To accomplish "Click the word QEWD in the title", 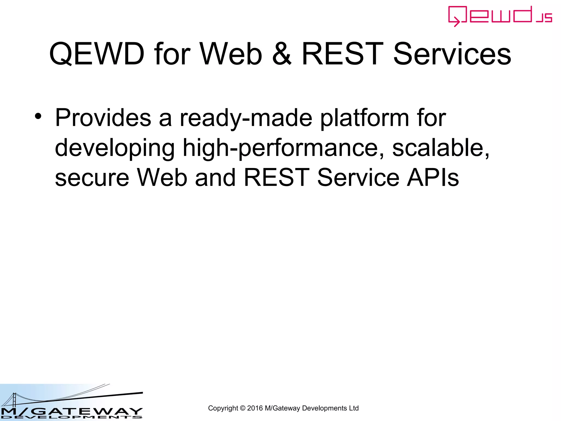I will coord(97,54).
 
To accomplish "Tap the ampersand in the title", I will coord(282,54).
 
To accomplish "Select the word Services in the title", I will coord(452,54).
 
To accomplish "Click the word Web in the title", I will coord(231,54).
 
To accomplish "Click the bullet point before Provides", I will coord(38,116).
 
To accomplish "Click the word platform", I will coord(364,118).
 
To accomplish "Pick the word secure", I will coord(92,178).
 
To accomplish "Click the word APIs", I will coord(433,177).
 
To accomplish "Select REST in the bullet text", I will coord(276,177).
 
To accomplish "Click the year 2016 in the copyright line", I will coord(255,408).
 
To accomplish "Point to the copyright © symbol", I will coord(242,408).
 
